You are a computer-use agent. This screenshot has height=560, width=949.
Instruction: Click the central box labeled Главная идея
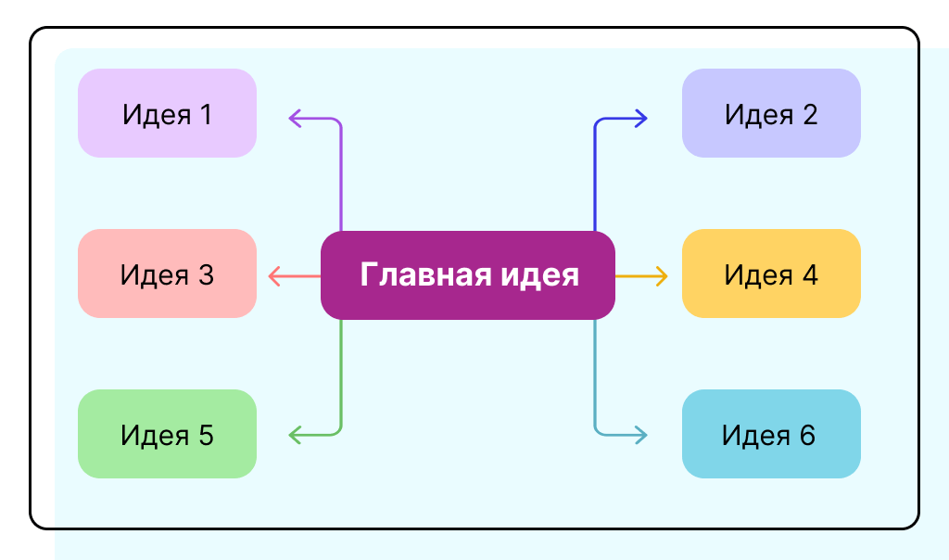(x=468, y=275)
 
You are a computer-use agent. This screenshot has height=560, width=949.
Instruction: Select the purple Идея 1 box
(x=167, y=113)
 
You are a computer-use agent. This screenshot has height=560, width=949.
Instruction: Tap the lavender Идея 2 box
(x=771, y=113)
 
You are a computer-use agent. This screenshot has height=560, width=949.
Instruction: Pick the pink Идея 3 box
(x=167, y=274)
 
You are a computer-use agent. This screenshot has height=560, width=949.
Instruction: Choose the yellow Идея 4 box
(x=771, y=274)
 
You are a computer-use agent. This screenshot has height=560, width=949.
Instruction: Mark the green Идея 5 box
(x=167, y=434)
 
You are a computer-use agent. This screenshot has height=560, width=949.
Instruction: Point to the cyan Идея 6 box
(x=771, y=434)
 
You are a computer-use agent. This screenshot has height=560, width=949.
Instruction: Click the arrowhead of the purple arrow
(x=295, y=118)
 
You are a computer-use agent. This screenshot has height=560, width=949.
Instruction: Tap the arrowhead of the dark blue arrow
(x=641, y=118)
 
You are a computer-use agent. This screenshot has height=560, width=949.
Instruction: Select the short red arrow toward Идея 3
(x=293, y=275)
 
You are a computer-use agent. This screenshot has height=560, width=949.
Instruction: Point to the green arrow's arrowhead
(x=295, y=433)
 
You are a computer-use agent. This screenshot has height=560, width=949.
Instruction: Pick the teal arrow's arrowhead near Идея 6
(x=641, y=433)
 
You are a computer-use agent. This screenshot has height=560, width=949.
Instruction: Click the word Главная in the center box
(x=413, y=275)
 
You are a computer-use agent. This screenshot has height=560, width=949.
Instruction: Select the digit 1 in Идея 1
(x=205, y=115)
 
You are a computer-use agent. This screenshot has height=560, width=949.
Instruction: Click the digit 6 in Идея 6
(x=808, y=435)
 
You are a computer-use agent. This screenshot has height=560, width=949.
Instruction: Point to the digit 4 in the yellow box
(x=810, y=275)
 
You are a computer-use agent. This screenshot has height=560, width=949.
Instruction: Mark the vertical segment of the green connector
(x=342, y=371)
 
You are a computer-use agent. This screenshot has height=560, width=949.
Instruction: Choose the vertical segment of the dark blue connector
(x=594, y=176)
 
